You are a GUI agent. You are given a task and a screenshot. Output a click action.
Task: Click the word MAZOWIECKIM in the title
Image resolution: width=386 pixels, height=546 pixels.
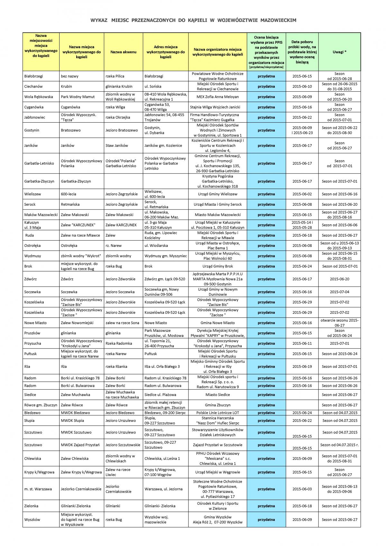coord(278,20)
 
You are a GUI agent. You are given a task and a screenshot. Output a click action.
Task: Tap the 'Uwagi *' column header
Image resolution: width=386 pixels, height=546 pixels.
coord(339,52)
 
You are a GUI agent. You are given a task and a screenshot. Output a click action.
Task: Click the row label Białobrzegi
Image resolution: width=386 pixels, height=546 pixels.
coord(34,76)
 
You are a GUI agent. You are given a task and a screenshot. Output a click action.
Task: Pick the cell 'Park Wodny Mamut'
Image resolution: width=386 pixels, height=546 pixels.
coord(78,97)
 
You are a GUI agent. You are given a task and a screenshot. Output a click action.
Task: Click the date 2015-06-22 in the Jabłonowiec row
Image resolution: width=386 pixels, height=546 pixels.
coord(302,117)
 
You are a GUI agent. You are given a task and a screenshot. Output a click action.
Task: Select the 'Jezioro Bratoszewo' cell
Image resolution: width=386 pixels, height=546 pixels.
coord(122,130)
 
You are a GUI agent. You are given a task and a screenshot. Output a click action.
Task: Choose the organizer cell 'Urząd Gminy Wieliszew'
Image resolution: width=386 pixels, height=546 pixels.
coord(217,194)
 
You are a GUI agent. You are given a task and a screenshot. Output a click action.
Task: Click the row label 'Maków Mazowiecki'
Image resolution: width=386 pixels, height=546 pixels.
coord(41,215)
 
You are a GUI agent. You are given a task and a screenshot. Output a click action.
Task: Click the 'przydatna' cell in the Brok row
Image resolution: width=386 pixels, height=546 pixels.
coord(266,266)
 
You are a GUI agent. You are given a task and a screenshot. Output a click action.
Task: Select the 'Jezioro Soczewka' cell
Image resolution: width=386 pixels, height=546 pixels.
coord(120,292)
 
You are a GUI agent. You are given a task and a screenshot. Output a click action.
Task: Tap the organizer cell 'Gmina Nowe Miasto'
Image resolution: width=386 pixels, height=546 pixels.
coord(217,323)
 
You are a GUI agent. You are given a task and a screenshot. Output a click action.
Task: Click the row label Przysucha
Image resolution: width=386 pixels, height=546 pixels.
coord(32,343)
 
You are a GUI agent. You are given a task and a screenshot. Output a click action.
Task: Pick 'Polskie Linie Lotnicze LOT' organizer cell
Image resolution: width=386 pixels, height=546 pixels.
coord(217,412)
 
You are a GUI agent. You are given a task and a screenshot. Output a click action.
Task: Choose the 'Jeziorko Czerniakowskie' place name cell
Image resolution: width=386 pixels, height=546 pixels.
coord(81,489)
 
